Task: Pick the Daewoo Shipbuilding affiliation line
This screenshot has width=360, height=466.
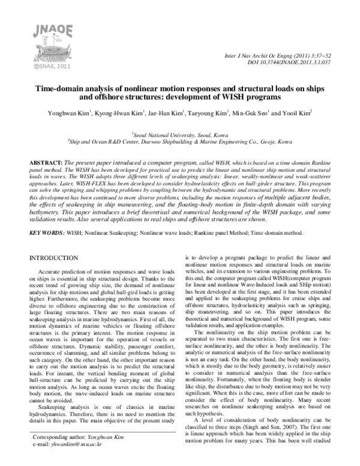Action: tap(180, 144)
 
